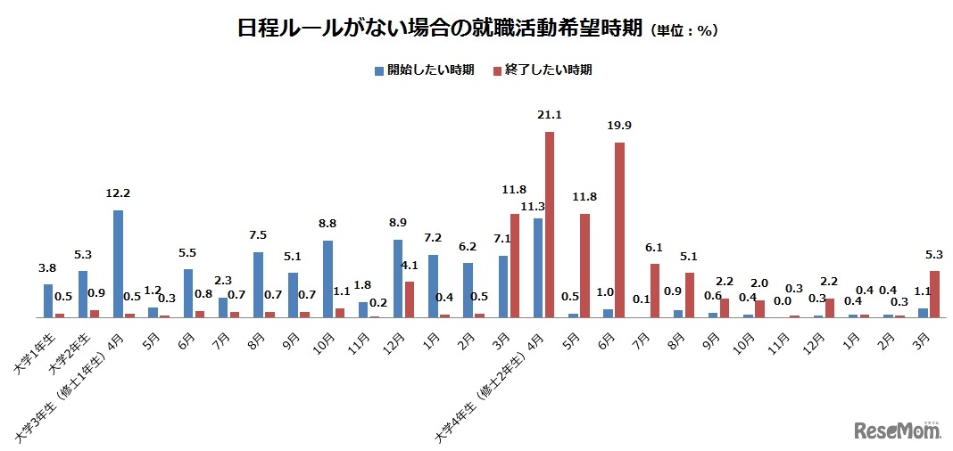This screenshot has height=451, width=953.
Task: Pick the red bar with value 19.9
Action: tap(619, 230)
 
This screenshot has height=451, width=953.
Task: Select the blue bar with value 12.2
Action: tap(118, 264)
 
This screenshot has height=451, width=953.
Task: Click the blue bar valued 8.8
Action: tap(327, 279)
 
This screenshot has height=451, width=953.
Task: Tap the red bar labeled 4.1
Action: tap(410, 299)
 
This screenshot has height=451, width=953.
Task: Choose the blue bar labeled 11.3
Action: tap(538, 267)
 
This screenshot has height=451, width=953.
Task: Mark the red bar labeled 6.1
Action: tap(654, 291)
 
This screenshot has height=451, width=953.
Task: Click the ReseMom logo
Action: tap(898, 430)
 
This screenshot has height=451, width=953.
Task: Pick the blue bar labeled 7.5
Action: tap(258, 284)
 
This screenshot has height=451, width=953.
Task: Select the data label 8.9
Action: tap(401, 223)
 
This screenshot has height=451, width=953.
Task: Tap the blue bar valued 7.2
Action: tap(433, 286)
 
